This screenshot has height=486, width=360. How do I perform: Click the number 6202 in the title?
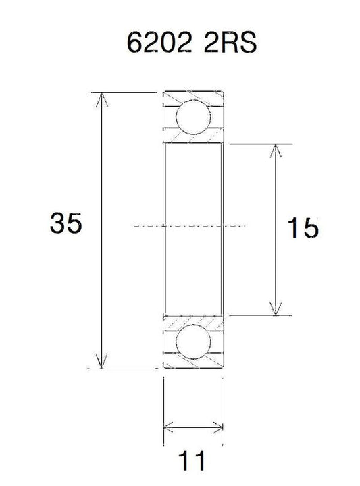pyautogui.click(x=159, y=42)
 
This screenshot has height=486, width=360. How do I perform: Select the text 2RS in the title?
pyautogui.click(x=230, y=42)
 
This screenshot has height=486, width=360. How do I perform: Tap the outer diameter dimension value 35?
pyautogui.click(x=66, y=223)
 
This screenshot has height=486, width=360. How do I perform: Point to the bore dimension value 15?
pyautogui.click(x=303, y=227)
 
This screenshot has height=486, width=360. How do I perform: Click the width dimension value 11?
pyautogui.click(x=192, y=460)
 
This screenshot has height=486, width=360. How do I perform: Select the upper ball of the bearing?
pyautogui.click(x=193, y=117)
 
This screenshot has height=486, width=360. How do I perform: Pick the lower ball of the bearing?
pyautogui.click(x=193, y=342)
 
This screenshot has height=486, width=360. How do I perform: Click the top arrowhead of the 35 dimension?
pyautogui.click(x=101, y=99)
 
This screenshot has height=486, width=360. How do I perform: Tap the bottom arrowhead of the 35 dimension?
pyautogui.click(x=101, y=360)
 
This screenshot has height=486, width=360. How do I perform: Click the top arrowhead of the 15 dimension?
pyautogui.click(x=276, y=151)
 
